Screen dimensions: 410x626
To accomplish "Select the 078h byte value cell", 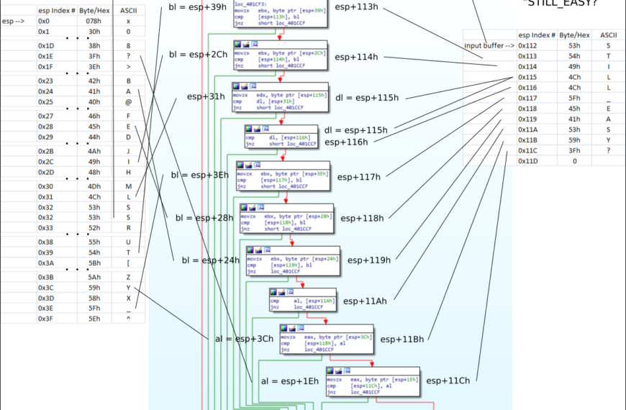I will [93, 21].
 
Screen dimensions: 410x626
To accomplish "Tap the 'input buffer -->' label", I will [489, 45].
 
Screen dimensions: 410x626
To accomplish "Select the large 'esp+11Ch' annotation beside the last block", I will [448, 381].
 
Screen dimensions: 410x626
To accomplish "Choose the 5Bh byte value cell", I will [93, 263].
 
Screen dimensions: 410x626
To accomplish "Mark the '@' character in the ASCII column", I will [128, 101].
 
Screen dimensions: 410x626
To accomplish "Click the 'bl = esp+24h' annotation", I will [210, 260].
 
